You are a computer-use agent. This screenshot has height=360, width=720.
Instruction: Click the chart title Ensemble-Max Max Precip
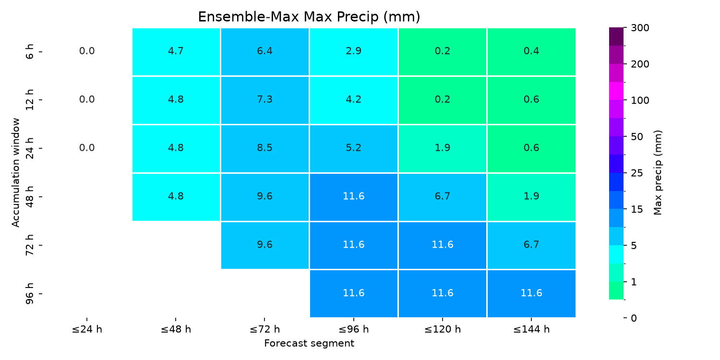309,17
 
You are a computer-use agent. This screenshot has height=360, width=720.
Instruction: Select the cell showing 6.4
265,52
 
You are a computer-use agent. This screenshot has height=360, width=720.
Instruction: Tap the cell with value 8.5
265,148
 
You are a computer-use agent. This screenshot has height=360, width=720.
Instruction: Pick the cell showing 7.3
265,100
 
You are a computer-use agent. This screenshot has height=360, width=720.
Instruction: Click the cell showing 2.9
354,52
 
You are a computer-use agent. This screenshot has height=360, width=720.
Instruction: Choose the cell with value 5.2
354,148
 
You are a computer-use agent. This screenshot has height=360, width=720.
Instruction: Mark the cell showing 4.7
176,52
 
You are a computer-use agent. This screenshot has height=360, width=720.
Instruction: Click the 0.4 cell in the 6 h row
531,52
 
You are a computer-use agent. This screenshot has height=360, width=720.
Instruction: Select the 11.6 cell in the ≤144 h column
531,293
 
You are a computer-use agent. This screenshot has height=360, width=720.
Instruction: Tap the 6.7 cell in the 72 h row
531,245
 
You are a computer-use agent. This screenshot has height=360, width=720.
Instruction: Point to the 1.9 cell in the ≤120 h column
442,148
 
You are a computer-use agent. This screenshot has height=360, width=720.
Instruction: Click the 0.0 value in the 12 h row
87,99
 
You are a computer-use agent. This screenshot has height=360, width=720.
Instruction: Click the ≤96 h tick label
354,329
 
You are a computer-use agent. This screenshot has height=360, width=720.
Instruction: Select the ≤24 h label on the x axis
87,329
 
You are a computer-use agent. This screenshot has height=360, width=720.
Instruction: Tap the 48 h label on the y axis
29,197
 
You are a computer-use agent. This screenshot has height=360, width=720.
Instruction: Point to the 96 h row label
29,293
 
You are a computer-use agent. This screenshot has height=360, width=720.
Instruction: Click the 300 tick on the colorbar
640,28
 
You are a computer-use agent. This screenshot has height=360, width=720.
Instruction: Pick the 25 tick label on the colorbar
637,173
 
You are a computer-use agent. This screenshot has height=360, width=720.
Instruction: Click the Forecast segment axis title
309,343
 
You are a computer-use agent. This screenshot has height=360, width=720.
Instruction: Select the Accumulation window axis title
15,173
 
